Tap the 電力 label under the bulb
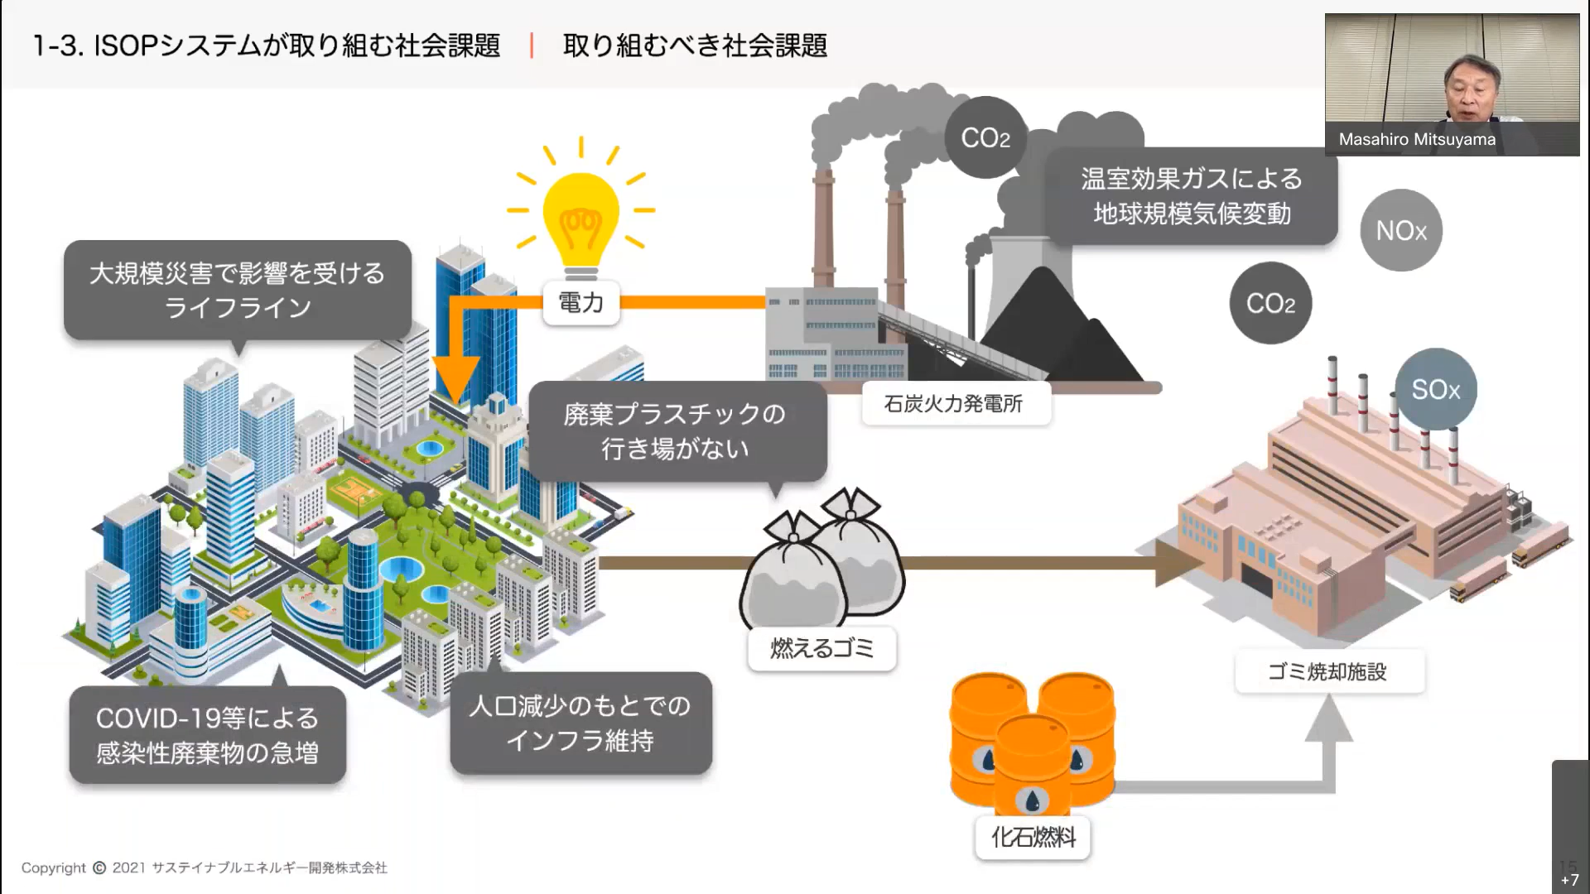click(581, 303)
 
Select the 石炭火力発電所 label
click(954, 404)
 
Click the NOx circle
click(1401, 230)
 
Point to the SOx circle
click(1435, 389)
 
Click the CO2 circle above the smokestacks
click(985, 137)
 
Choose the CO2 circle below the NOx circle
click(1270, 304)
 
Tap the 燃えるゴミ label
click(821, 648)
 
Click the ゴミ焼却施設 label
click(1328, 671)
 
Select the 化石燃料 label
click(1033, 837)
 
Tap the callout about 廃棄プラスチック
click(676, 430)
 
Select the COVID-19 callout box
click(207, 735)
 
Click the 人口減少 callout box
click(581, 723)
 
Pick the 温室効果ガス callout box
click(1191, 196)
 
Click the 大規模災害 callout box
click(237, 290)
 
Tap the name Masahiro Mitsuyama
click(1417, 139)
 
